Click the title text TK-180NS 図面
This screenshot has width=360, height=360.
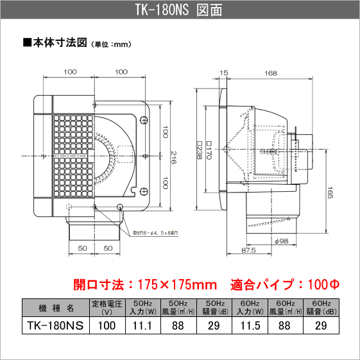tap(180, 11)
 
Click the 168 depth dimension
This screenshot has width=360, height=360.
tap(271, 74)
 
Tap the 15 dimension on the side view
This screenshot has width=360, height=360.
tap(223, 74)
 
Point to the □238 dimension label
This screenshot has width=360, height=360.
tap(200, 152)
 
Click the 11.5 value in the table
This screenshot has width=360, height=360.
tap(254, 325)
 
